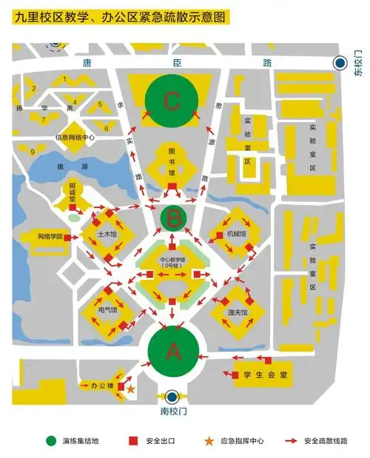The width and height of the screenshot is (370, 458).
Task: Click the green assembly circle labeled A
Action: [x=174, y=352]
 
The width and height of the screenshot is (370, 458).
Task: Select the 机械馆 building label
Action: [x=236, y=234]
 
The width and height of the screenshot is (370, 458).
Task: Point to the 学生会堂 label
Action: [x=264, y=375]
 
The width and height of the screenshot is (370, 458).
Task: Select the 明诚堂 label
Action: [x=73, y=192]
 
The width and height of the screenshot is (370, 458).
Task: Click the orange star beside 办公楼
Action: [x=131, y=388]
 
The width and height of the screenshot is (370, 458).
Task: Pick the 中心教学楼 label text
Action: [x=172, y=261]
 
